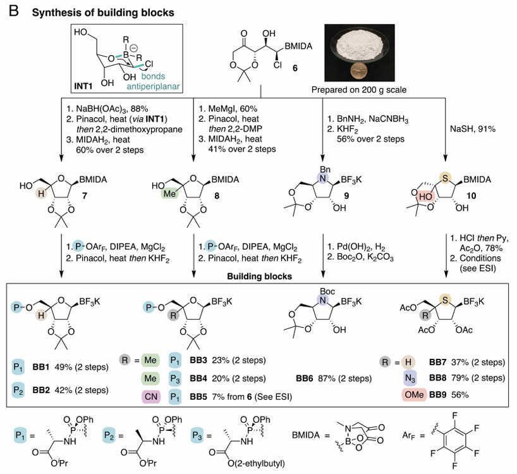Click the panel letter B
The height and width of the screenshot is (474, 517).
(x=14, y=11)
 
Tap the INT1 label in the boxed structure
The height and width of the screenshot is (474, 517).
(x=83, y=86)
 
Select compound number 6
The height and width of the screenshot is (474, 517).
(x=295, y=68)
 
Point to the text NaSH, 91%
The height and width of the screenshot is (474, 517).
(x=473, y=129)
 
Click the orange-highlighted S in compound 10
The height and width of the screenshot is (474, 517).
(x=445, y=178)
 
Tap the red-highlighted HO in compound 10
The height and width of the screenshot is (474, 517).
(x=425, y=197)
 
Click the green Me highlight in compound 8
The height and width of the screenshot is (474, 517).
(x=169, y=194)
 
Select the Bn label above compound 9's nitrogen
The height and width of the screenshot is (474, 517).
(x=325, y=170)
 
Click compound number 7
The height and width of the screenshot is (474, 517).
(x=85, y=196)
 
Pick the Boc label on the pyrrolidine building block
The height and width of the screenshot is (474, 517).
(x=327, y=291)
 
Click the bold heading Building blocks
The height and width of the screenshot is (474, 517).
(x=260, y=277)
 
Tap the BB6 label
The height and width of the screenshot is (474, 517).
(x=305, y=378)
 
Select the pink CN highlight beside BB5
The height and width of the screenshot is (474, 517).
(x=151, y=396)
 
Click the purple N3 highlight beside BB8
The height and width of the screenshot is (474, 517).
(x=410, y=378)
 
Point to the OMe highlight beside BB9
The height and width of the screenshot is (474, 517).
(x=414, y=395)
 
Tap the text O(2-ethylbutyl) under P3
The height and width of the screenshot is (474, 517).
(x=257, y=463)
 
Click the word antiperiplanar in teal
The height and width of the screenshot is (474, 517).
(x=154, y=87)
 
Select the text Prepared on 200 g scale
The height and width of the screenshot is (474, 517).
(x=359, y=90)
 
